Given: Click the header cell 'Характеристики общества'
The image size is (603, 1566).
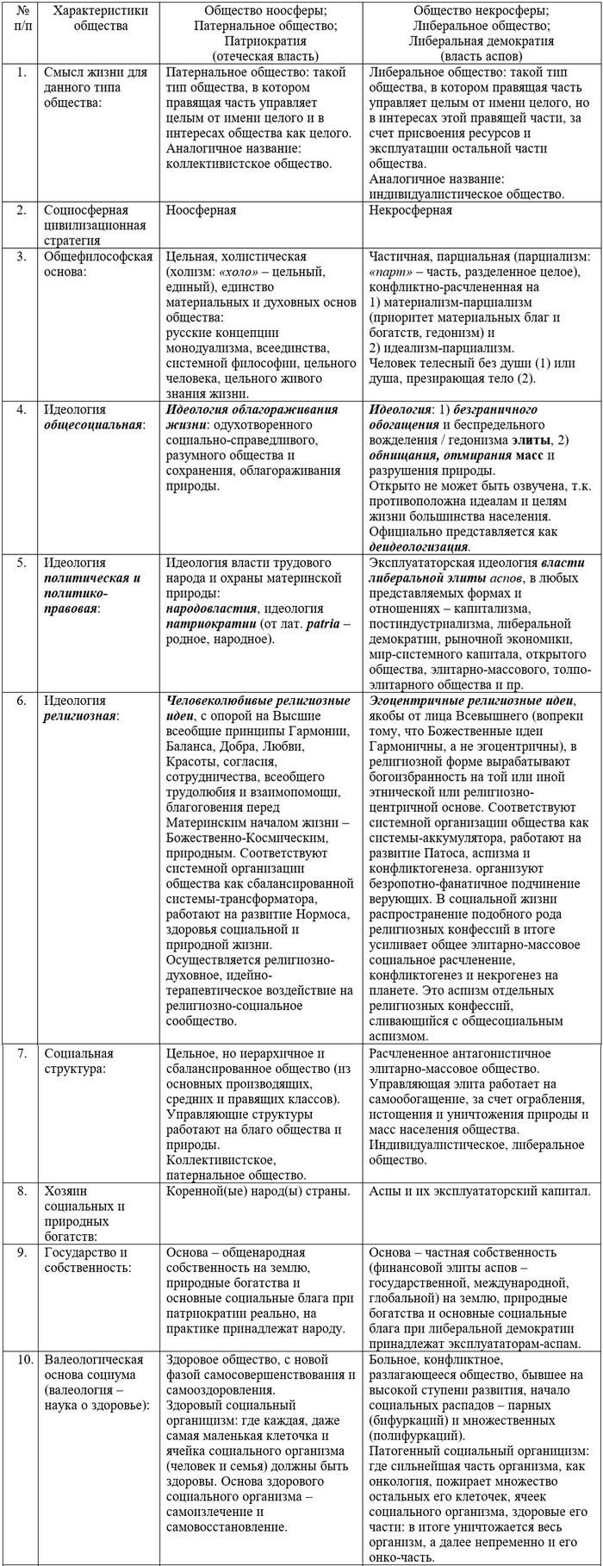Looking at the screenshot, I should point(100,18).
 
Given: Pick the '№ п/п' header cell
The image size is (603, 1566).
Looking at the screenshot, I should point(20,18).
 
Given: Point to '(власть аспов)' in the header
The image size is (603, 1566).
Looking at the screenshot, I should point(482,54).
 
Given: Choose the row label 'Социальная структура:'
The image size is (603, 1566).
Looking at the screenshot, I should point(79,1061).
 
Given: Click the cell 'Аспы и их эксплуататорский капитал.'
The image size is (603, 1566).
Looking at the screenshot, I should point(479,1192).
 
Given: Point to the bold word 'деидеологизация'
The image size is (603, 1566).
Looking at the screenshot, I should point(419,546).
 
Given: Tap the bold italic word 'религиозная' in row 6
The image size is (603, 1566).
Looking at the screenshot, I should point(82,715).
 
